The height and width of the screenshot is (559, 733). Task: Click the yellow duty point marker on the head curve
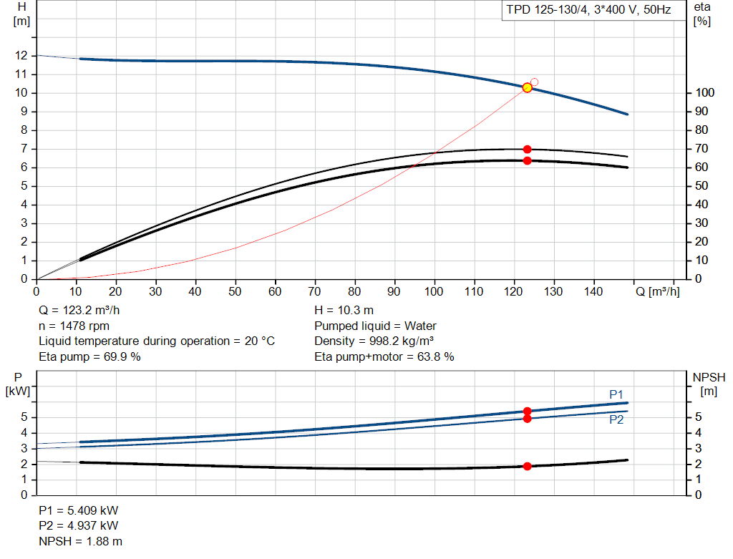pyautogui.click(x=528, y=87)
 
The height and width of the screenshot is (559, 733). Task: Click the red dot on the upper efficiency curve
pyautogui.click(x=528, y=149)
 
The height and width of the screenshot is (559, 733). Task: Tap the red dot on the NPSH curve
pyautogui.click(x=528, y=466)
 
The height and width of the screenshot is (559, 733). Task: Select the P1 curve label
pyautogui.click(x=616, y=394)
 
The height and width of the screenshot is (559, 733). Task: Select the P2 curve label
pyautogui.click(x=616, y=419)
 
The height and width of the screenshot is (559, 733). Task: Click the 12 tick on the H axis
pyautogui.click(x=21, y=56)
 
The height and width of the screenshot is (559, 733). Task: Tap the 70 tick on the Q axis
pyautogui.click(x=315, y=291)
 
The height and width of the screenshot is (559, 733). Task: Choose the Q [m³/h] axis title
pyautogui.click(x=657, y=291)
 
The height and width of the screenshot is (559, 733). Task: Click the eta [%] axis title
pyautogui.click(x=702, y=14)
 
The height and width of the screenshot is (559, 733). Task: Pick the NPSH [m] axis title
pyautogui.click(x=709, y=384)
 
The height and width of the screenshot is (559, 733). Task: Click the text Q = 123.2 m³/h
pyautogui.click(x=79, y=311)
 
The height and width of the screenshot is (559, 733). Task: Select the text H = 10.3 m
pyautogui.click(x=344, y=311)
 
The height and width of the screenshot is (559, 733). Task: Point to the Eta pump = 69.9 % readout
pyautogui.click(x=89, y=356)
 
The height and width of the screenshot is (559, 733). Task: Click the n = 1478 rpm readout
pyautogui.click(x=74, y=326)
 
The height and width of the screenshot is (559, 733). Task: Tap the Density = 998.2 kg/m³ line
pyautogui.click(x=374, y=341)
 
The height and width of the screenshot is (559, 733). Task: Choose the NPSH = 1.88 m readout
pyautogui.click(x=81, y=541)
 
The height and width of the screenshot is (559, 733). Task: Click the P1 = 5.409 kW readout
pyautogui.click(x=79, y=510)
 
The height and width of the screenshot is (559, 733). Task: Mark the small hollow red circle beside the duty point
pyautogui.click(x=534, y=82)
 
